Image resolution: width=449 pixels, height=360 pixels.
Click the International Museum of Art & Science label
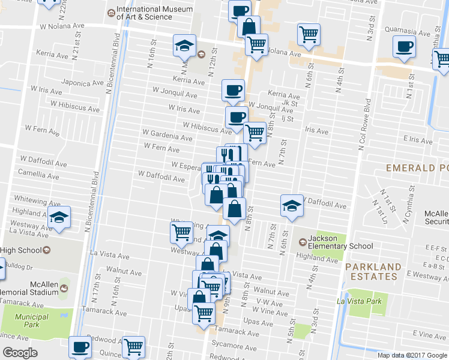[154, 13]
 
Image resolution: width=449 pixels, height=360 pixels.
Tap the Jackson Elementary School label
[341, 242]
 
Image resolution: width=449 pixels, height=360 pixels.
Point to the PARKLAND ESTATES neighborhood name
[376, 271]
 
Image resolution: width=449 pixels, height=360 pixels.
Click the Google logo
[20, 353]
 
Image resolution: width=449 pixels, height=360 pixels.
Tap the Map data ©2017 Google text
[412, 355]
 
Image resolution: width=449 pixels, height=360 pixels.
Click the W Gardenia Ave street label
[167, 135]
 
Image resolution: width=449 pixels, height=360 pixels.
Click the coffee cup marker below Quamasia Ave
[405, 46]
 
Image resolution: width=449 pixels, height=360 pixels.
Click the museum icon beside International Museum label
[110, 13]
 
